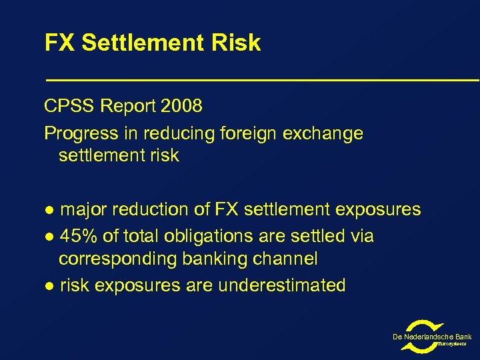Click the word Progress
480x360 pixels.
tap(80, 133)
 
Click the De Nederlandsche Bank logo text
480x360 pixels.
tap(432, 337)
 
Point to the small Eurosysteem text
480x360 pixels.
tap(453, 344)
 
